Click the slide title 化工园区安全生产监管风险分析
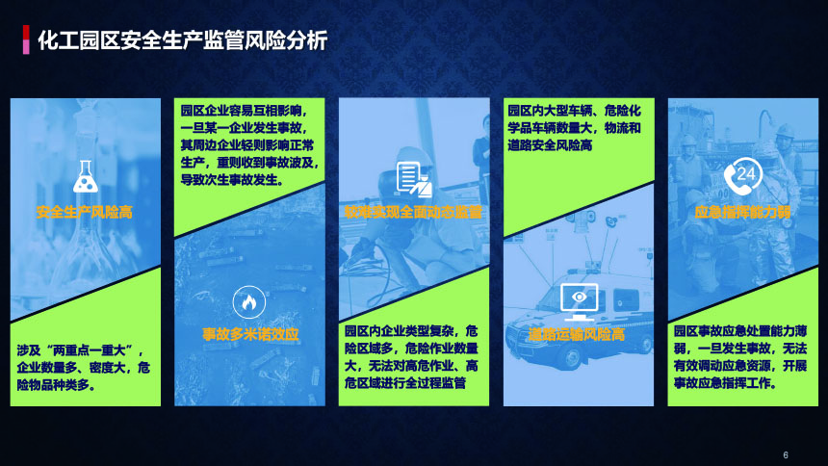pos(183,40)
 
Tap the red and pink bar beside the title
pos(26,39)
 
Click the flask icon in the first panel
pos(86,176)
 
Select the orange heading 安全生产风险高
pos(85,213)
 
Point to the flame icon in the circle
pos(248,302)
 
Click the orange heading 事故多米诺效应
pos(250,334)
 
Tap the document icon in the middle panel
pos(414,179)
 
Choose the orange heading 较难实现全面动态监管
pos(413,213)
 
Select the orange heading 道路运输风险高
pos(576,334)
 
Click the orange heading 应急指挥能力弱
pos(742,213)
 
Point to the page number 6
pos(786,454)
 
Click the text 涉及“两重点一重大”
pos(80,350)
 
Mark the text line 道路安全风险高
pos(550,145)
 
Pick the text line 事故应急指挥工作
pos(725,383)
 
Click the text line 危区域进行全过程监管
pos(405,383)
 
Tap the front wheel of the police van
pos(569,356)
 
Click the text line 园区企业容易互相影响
pos(244,111)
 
